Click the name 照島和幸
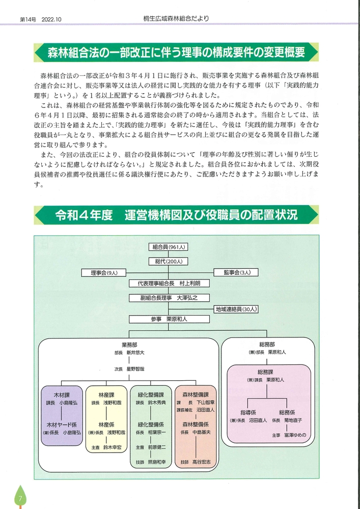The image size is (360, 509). click(x=157, y=462)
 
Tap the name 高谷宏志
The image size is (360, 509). click(x=202, y=462)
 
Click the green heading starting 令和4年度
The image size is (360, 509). click(x=176, y=215)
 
